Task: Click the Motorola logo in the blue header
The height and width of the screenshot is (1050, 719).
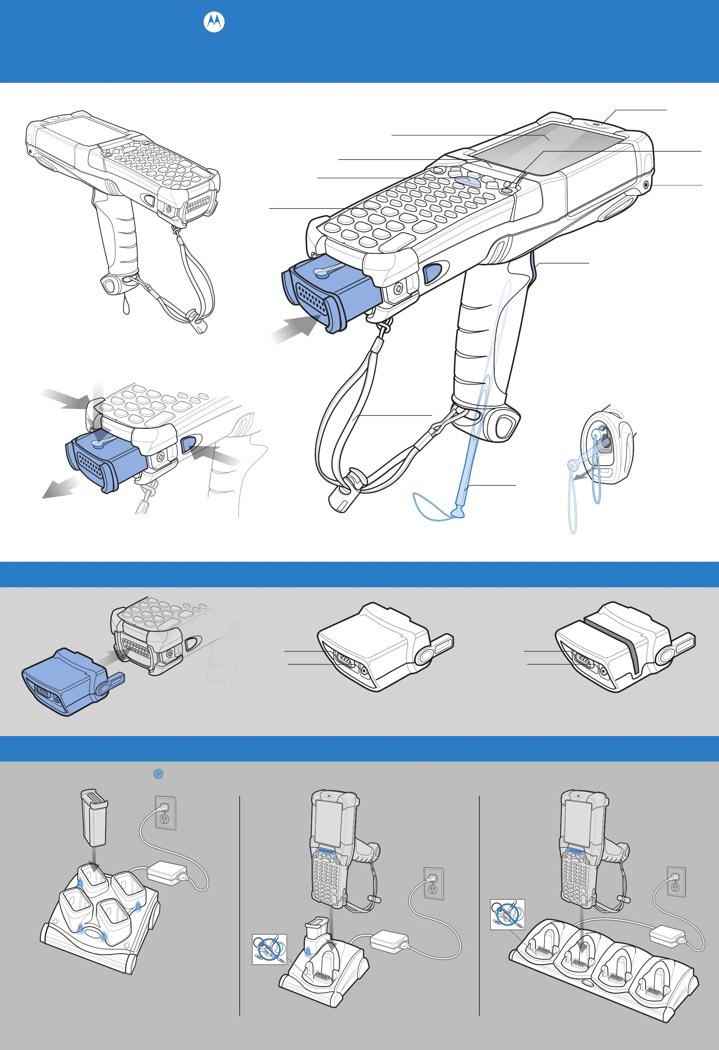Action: point(214,22)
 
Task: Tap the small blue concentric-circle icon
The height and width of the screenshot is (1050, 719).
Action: point(158,773)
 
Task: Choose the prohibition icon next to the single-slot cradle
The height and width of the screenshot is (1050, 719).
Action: point(269,949)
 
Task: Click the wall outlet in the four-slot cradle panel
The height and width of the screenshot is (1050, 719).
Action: point(676,881)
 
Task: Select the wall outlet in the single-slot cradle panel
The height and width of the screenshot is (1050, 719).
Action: point(433,884)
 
